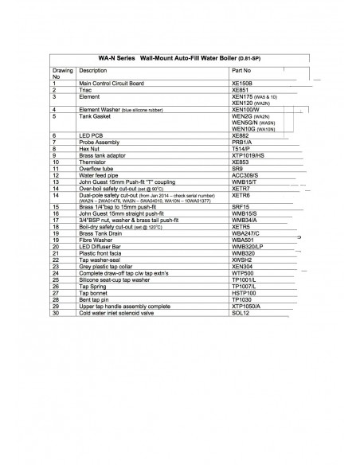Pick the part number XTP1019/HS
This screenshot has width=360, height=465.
coord(246,154)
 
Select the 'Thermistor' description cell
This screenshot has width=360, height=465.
coord(92,162)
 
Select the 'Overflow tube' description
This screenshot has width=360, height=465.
coord(96,168)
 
